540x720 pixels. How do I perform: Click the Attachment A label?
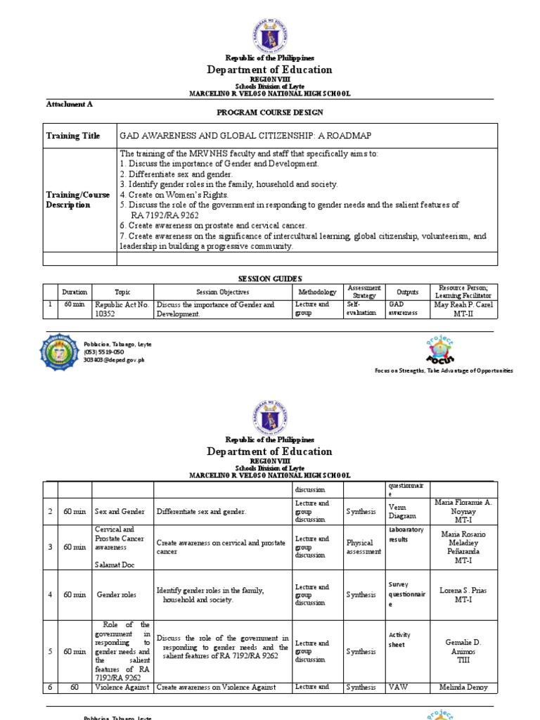[x=69, y=103]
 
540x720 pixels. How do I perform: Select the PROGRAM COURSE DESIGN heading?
[x=270, y=112]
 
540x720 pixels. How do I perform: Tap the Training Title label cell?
[x=73, y=136]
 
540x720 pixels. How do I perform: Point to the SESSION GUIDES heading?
[x=270, y=278]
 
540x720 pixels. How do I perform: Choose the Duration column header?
[x=75, y=292]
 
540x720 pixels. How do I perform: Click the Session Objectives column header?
[x=221, y=292]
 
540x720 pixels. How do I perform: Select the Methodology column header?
[x=317, y=292]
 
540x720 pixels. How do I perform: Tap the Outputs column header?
[x=407, y=292]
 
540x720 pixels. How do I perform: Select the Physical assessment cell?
[x=364, y=547]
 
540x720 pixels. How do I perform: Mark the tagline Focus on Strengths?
[x=443, y=370]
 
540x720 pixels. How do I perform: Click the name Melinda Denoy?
[x=465, y=688]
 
